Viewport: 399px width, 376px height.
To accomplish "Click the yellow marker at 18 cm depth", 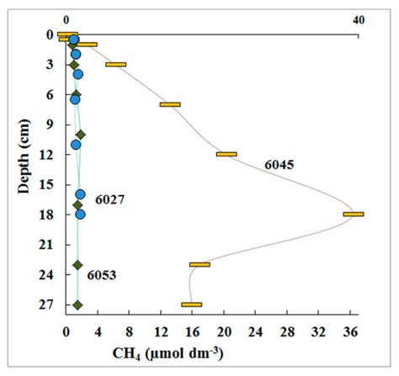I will point(354,214).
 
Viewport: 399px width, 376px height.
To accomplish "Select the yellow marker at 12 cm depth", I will point(226,154).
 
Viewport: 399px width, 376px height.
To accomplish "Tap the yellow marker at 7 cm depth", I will point(170,104).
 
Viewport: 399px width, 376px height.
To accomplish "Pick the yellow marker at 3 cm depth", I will point(116,65).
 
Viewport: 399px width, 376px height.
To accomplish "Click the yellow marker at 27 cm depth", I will point(191,305).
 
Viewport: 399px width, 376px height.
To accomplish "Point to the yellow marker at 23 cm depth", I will point(199,264).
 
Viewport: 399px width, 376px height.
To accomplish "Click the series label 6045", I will point(279,165).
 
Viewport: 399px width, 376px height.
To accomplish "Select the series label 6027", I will point(109,199).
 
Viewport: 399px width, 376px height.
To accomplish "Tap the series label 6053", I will point(102,274).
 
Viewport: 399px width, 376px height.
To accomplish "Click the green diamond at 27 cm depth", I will point(77,305).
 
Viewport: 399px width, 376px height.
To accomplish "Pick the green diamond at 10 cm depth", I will point(81,135).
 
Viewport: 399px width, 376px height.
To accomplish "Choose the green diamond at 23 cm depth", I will point(77,265).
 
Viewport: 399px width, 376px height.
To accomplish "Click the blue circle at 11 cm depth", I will point(76,145).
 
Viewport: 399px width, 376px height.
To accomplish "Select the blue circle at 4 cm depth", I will point(78,75).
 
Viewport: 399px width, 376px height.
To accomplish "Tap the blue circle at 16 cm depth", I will point(81,194).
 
